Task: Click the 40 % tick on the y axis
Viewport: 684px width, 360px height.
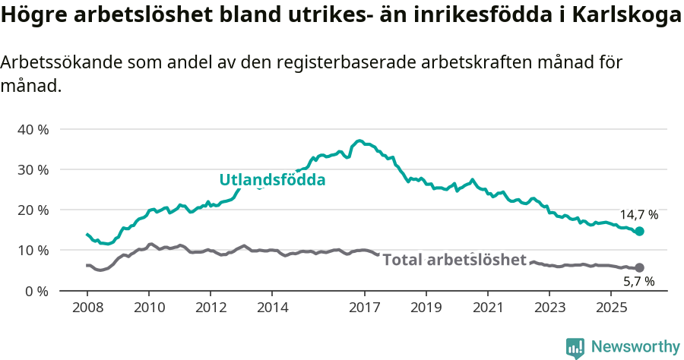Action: pyautogui.click(x=33, y=129)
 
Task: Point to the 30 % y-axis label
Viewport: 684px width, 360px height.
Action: pyautogui.click(x=33, y=169)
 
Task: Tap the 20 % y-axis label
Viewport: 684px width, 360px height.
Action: pyautogui.click(x=33, y=210)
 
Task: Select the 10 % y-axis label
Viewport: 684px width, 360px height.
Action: pyautogui.click(x=33, y=250)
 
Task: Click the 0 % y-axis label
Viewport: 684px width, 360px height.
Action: pyautogui.click(x=36, y=290)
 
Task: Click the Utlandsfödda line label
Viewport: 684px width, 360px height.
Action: pyautogui.click(x=272, y=180)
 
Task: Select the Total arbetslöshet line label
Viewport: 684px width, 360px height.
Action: pyautogui.click(x=454, y=260)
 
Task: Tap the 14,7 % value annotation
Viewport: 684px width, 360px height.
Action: pyautogui.click(x=638, y=215)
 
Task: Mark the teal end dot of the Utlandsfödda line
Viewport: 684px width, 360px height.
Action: pyautogui.click(x=639, y=231)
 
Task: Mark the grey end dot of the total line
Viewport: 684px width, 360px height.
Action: pyautogui.click(x=639, y=267)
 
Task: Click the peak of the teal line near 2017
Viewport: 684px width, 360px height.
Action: pyautogui.click(x=359, y=141)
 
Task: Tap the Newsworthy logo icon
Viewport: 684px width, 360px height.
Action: pyautogui.click(x=575, y=347)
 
